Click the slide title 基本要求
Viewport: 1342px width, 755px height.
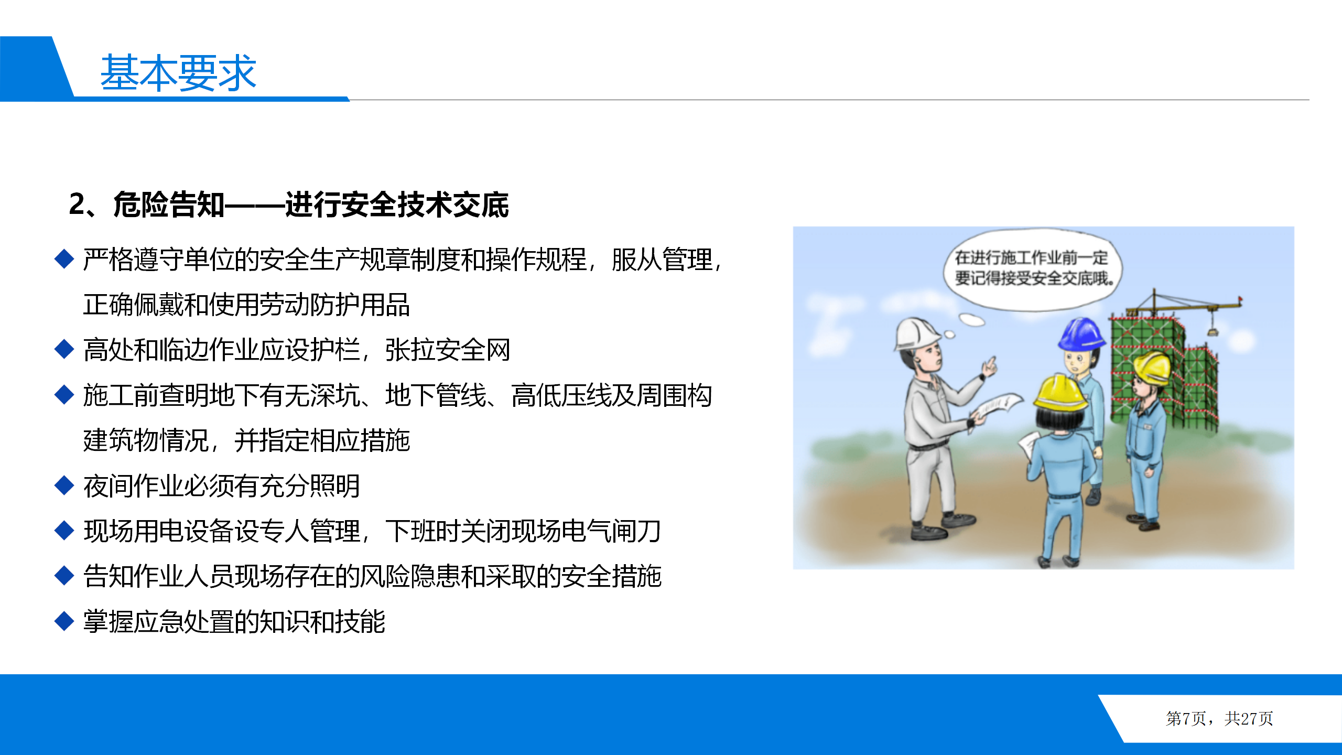178,72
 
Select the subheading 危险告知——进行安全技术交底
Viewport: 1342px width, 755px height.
311,204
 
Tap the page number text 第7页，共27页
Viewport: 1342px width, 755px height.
1219,718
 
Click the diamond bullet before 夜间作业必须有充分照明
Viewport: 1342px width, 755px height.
64,486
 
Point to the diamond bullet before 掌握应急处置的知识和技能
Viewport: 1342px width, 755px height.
64,621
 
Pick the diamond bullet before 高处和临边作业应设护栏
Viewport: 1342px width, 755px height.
64,349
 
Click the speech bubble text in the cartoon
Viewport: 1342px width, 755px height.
1031,268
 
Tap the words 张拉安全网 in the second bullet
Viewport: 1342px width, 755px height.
448,350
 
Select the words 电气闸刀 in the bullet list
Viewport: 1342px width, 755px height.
611,531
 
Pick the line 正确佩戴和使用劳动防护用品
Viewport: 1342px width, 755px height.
246,305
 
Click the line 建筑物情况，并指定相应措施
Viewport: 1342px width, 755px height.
246,440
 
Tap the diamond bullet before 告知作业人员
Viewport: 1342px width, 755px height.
64,576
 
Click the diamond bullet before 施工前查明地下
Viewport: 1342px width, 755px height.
64,395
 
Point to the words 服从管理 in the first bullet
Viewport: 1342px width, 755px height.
662,260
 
